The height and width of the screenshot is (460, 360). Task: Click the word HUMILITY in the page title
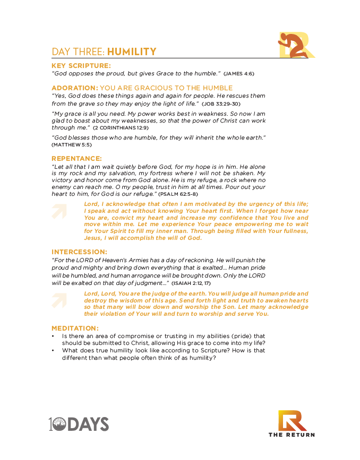[x=132, y=51]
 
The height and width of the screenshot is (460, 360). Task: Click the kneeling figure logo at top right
[x=295, y=45]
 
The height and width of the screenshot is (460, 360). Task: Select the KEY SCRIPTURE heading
[x=81, y=65]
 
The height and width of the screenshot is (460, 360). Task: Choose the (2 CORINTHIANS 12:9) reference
[x=121, y=128]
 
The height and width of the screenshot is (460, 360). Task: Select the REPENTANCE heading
[x=76, y=158]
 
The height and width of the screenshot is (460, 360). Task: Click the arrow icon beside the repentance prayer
[x=60, y=211]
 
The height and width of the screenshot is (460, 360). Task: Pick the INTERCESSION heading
[x=79, y=251]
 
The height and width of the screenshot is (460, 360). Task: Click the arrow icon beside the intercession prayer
[x=60, y=300]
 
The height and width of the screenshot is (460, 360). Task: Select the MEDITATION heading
[x=75, y=328]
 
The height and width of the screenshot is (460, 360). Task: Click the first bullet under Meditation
[x=53, y=336]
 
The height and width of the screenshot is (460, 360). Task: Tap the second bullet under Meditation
[x=53, y=350]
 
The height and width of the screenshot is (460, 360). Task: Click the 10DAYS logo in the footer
[x=79, y=423]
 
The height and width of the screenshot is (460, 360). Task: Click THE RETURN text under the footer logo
[x=292, y=435]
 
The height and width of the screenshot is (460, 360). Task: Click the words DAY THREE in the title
[x=78, y=51]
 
